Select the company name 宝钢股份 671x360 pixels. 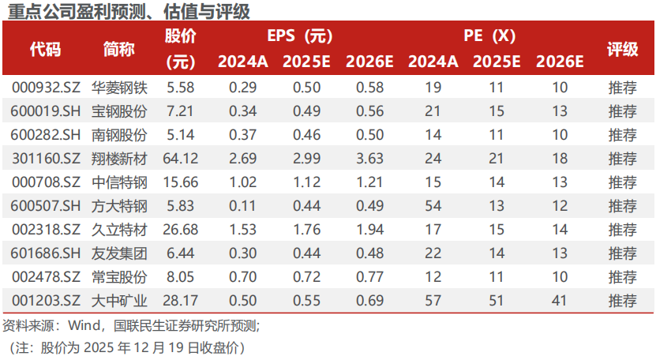pos(119,111)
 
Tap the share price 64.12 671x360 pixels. pos(180,159)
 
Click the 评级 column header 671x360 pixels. pos(622,48)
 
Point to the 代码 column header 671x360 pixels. pos(45,48)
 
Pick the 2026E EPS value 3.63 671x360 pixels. pos(369,159)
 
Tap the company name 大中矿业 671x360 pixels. pos(119,301)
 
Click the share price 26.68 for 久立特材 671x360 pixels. pos(180,230)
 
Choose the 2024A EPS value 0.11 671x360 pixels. pos(242,206)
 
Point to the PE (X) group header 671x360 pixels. pos(489,36)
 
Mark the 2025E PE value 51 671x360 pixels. pos(496,301)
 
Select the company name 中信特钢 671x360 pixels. pos(119,182)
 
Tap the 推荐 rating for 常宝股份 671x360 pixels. pos(622,277)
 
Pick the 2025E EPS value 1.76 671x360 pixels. pos(306,230)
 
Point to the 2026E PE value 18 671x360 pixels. pos(560,159)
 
